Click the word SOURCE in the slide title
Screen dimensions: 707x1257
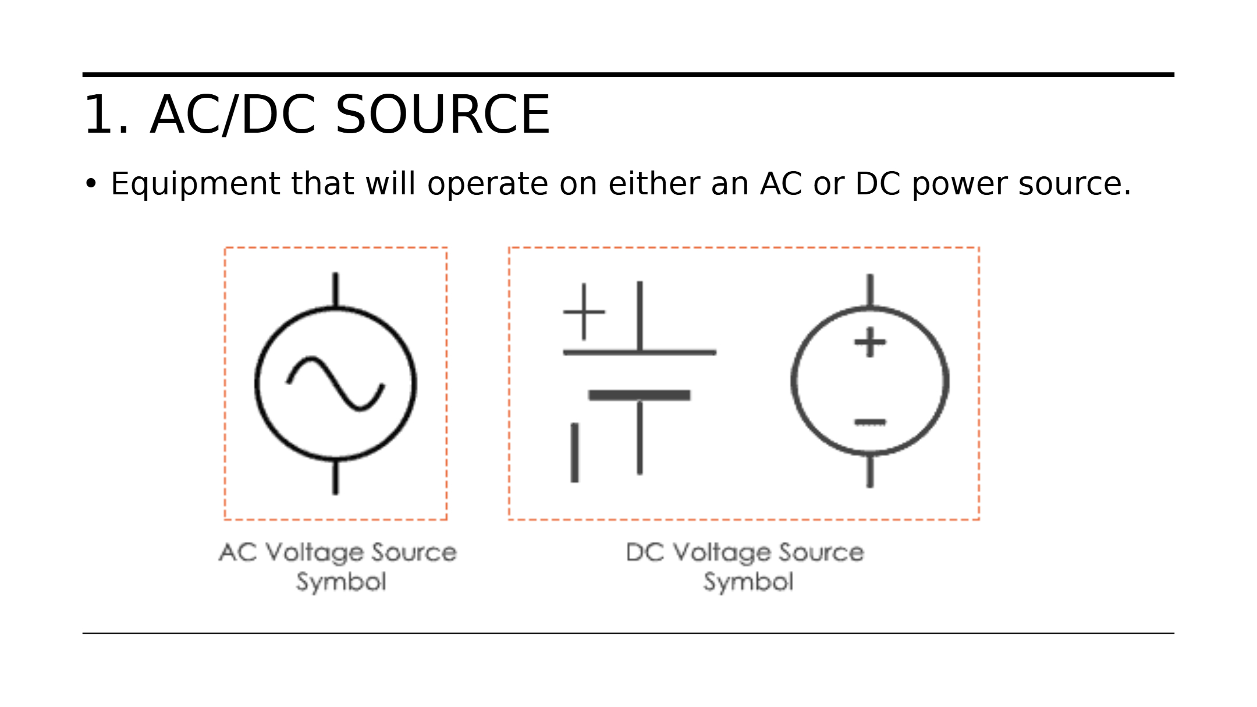tap(442, 115)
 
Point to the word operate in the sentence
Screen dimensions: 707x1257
tap(488, 184)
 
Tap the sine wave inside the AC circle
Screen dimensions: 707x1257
tap(335, 383)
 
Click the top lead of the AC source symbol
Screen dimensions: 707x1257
tap(335, 289)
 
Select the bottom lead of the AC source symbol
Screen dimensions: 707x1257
tap(335, 477)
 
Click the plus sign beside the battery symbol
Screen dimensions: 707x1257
tap(584, 312)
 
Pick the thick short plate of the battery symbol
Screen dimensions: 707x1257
tap(639, 396)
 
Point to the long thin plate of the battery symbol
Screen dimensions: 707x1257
tap(639, 353)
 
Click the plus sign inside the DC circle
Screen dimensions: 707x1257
tap(870, 342)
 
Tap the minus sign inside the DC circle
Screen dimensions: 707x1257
tap(870, 422)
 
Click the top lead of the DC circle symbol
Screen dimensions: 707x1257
tap(870, 290)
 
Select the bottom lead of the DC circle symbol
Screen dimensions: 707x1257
tap(870, 471)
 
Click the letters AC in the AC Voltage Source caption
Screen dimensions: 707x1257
tap(237, 552)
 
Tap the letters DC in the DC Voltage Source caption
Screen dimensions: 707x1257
tap(645, 552)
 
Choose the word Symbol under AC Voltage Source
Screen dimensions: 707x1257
tap(341, 582)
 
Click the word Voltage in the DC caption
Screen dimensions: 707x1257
tap(722, 552)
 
